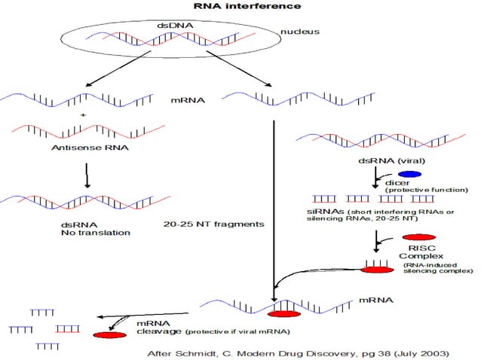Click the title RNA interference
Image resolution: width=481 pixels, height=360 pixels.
(x=237, y=6)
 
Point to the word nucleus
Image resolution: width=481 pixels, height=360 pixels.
(x=300, y=32)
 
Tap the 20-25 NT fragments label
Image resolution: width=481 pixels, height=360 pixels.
(x=213, y=224)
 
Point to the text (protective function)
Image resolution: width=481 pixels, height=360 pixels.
(x=427, y=190)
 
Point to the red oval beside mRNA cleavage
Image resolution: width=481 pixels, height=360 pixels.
(x=109, y=334)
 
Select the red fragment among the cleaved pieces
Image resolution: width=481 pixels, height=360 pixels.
(x=68, y=328)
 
